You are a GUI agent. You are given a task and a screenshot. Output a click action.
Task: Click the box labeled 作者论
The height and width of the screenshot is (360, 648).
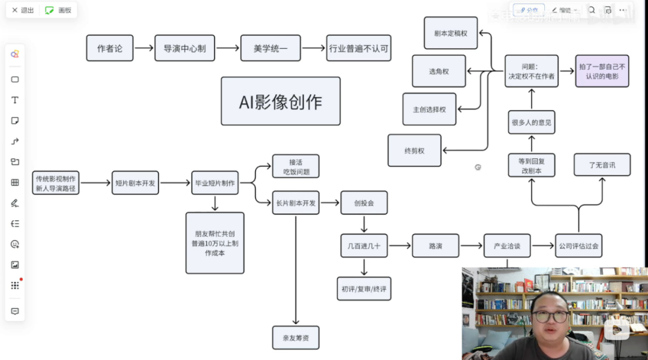(x=110, y=48)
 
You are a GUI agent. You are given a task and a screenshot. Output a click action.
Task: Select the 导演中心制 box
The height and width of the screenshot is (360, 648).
(x=185, y=48)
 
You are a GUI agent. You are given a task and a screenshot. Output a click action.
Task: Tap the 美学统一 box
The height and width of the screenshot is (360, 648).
(x=271, y=48)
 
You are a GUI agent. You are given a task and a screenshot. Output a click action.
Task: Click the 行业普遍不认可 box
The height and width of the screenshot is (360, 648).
(x=359, y=48)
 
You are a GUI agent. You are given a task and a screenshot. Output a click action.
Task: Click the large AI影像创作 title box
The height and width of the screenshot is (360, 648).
(x=280, y=101)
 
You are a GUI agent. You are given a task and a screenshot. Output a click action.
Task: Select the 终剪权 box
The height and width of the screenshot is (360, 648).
(x=415, y=151)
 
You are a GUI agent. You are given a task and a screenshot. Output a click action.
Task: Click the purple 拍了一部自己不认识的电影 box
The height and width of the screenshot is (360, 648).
(x=602, y=71)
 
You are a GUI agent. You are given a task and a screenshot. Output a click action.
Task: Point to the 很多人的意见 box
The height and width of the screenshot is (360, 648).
(x=532, y=122)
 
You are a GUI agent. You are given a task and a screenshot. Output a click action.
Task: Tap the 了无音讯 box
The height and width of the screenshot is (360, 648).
(x=602, y=164)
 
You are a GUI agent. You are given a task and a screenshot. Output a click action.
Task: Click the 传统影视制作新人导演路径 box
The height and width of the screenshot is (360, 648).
(x=56, y=183)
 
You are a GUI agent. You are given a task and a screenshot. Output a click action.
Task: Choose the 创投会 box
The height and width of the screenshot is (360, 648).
(x=364, y=203)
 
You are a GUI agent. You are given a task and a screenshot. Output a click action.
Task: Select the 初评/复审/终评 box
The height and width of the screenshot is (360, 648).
(x=364, y=289)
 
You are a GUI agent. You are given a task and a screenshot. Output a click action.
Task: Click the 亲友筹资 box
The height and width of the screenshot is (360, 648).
(x=296, y=338)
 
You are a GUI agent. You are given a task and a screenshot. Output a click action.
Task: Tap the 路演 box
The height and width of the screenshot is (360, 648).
(x=436, y=246)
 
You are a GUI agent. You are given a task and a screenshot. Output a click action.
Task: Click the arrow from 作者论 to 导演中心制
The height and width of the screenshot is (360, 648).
(x=144, y=48)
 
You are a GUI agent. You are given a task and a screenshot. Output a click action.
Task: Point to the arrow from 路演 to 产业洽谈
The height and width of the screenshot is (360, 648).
(x=472, y=246)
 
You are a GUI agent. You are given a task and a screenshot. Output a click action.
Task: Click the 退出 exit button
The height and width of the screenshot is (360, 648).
(x=23, y=10)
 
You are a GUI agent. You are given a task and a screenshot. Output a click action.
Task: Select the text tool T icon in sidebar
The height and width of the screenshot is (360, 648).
(x=15, y=100)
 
